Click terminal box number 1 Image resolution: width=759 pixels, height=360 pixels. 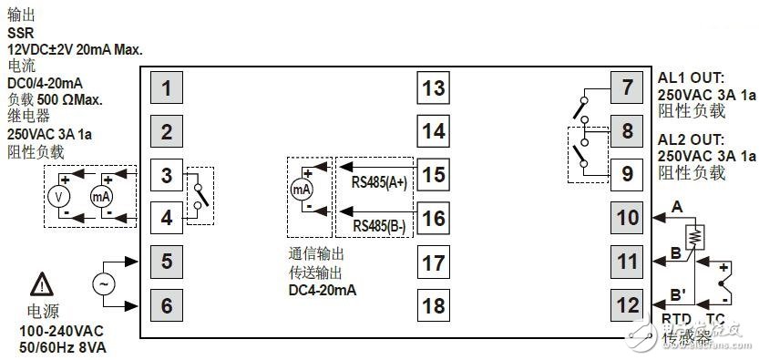[x=167, y=89]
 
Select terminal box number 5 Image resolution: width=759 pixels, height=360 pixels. [x=167, y=262]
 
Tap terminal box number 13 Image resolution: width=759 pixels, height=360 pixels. [x=435, y=88]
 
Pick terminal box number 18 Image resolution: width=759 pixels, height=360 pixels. [x=435, y=305]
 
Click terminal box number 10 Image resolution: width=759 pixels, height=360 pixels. [x=628, y=218]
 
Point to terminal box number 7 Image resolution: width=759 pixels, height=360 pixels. [x=628, y=88]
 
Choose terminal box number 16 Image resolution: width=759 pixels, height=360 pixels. [x=435, y=219]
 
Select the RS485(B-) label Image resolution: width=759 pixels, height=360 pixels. [x=378, y=225]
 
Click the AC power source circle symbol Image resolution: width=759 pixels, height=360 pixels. [x=105, y=283]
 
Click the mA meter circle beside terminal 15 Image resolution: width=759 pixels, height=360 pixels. [x=302, y=190]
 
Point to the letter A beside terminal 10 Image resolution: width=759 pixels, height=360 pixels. [x=676, y=208]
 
